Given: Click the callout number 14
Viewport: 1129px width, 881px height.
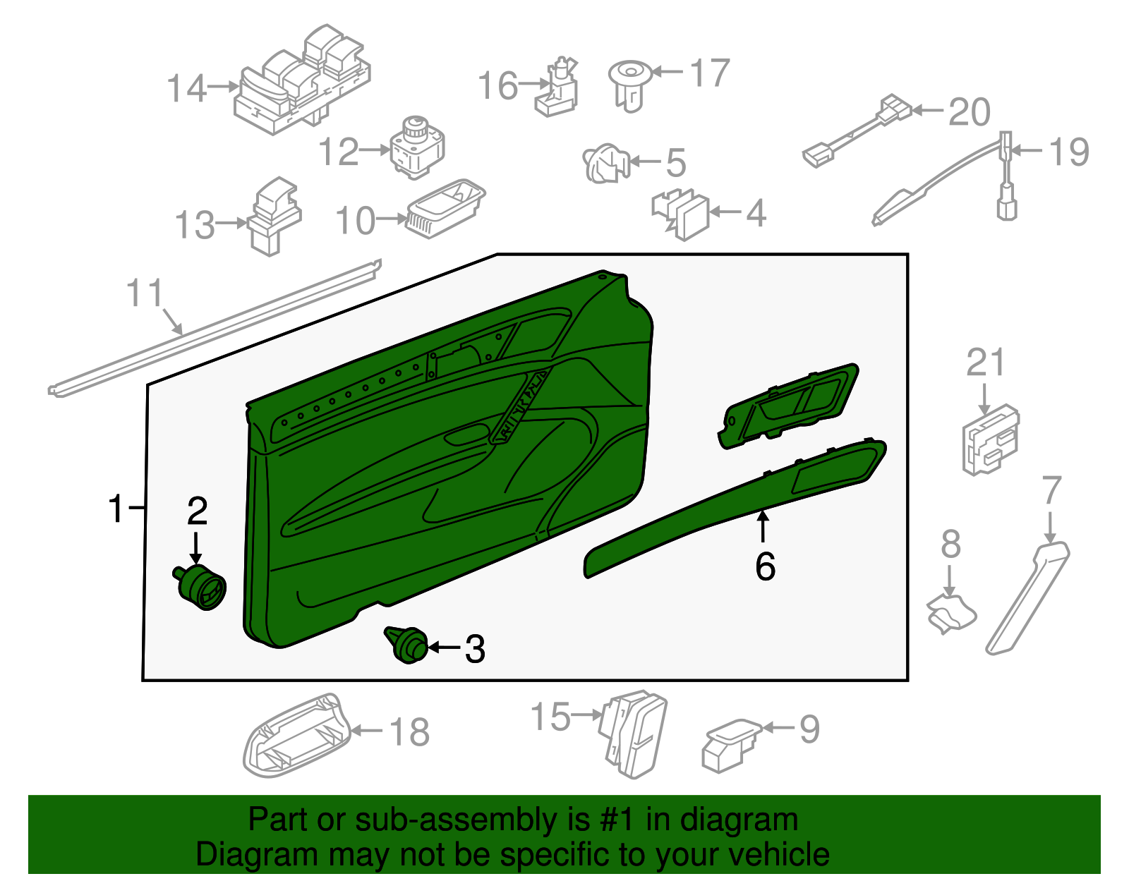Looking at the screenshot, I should [187, 89].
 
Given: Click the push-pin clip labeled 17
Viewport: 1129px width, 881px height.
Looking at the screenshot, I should [629, 83].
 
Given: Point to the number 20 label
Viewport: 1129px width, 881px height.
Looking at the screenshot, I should [970, 113].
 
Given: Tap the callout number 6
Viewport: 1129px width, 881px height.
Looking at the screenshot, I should [765, 566].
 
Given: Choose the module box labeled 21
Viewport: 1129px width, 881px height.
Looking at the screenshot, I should [990, 440].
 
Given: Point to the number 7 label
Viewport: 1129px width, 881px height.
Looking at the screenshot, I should [1051, 490].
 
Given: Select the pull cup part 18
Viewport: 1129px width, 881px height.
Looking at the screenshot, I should [296, 737].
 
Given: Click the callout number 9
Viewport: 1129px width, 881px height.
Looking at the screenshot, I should [809, 729].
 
